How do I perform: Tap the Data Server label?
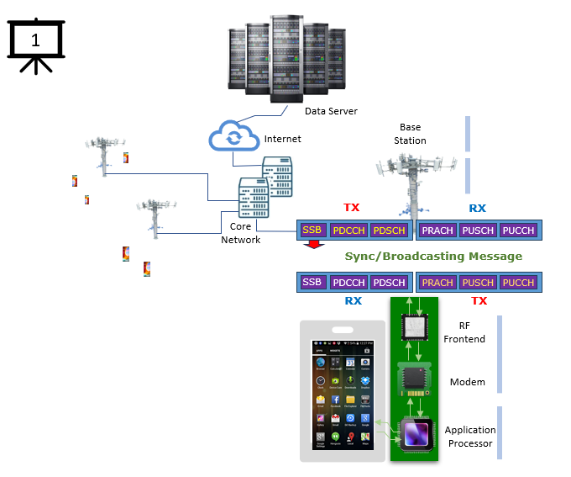click(331, 111)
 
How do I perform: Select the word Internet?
click(282, 139)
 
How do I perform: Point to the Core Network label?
click(240, 233)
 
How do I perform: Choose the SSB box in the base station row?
click(312, 230)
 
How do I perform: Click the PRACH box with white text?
click(437, 230)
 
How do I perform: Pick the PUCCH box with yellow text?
click(517, 283)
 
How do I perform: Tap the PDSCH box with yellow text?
click(389, 230)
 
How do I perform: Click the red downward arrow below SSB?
click(313, 245)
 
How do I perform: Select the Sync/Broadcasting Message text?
click(433, 256)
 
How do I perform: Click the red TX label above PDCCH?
click(352, 208)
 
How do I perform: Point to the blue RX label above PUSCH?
click(477, 208)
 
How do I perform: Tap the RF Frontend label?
click(471, 331)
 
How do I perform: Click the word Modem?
click(468, 382)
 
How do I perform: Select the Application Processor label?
click(470, 436)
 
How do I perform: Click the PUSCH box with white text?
click(478, 230)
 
